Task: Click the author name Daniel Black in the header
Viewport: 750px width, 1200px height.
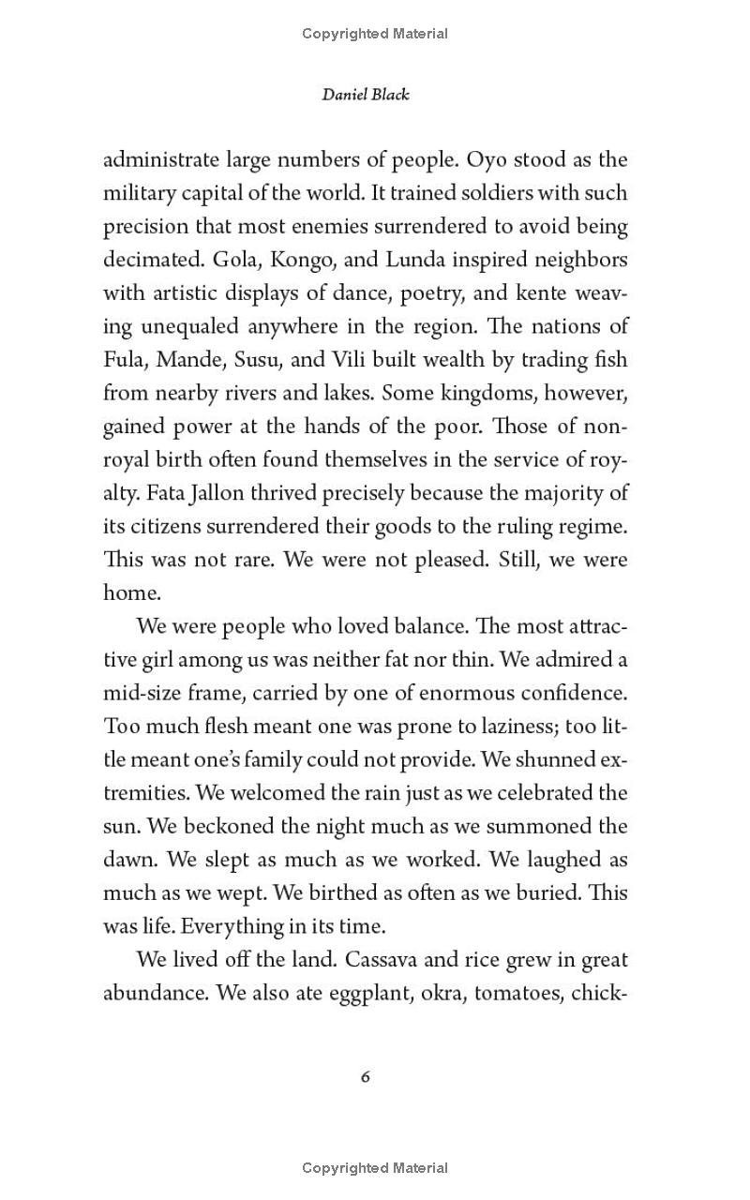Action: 366,95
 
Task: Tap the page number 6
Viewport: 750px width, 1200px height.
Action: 366,1077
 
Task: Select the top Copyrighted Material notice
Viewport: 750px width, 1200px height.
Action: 375,34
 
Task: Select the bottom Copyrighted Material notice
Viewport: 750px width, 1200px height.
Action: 375,1168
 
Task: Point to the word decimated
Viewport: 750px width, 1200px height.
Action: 145,260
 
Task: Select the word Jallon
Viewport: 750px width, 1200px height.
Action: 176,493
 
